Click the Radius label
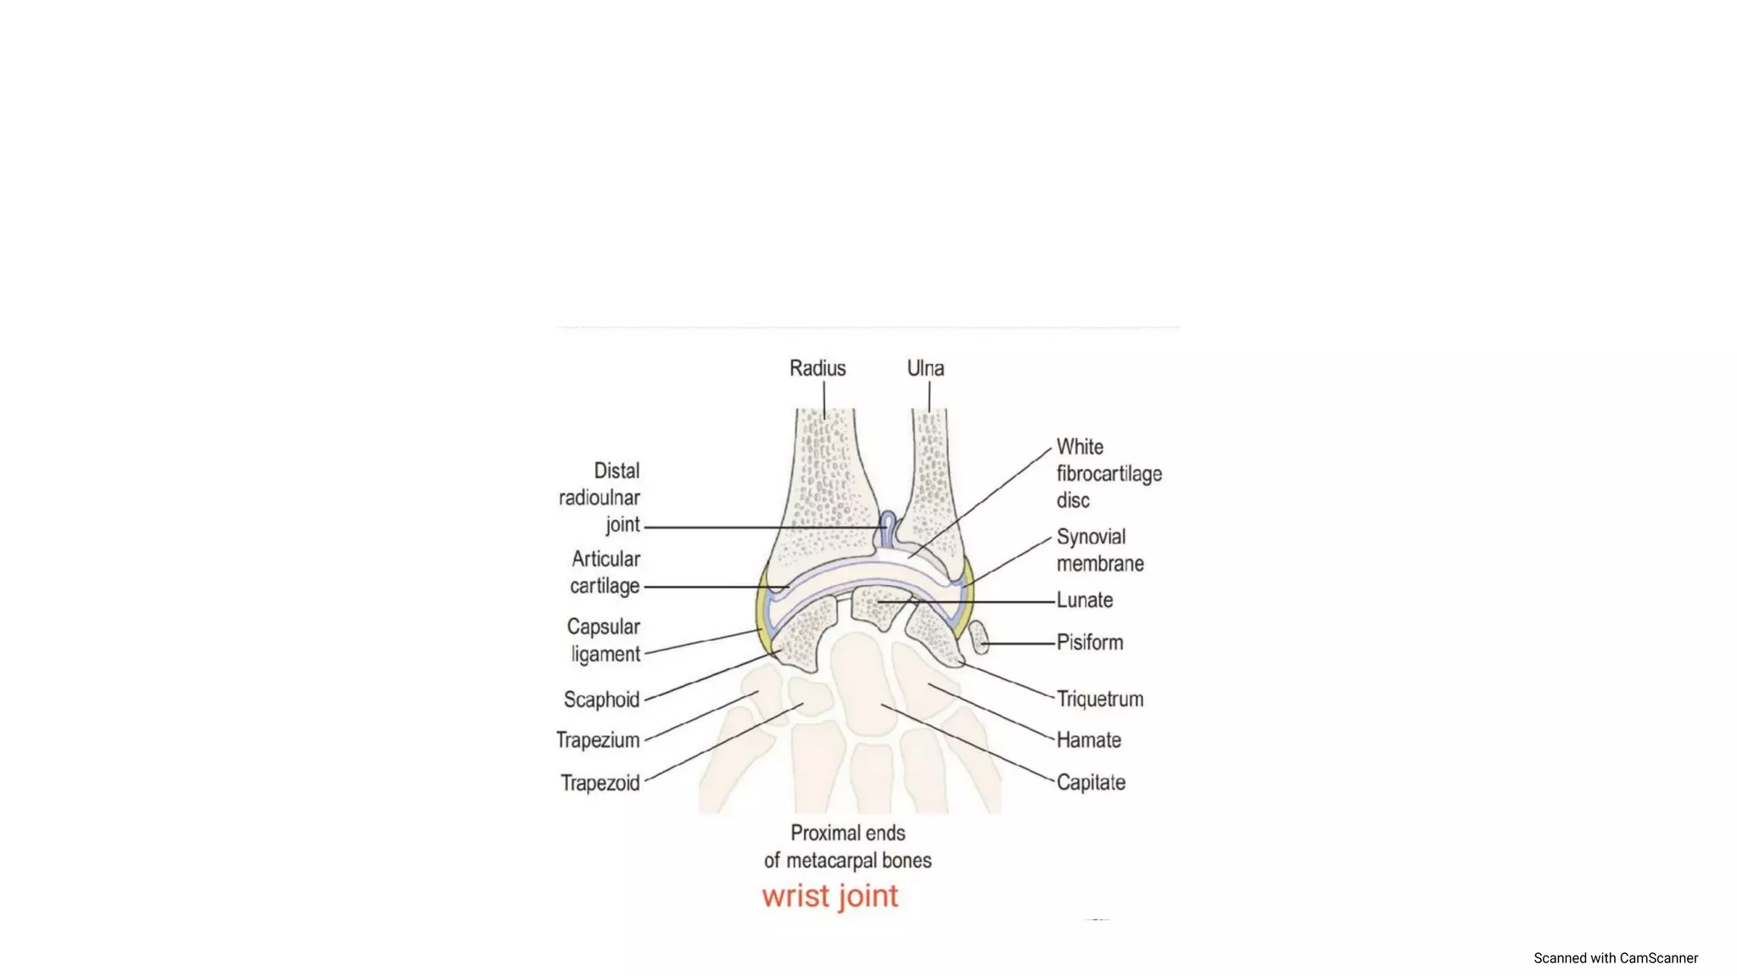click(817, 368)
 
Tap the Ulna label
click(925, 368)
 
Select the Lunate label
click(1085, 600)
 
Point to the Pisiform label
click(1090, 643)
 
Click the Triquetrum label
click(1100, 699)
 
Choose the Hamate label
click(1089, 740)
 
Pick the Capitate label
click(1091, 783)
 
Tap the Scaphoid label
click(601, 700)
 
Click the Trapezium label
click(598, 740)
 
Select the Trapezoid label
click(600, 783)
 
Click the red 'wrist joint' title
click(829, 896)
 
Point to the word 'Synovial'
click(1091, 537)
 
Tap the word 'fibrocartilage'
click(1109, 474)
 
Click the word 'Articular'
click(606, 559)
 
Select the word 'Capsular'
click(603, 627)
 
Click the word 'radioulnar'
click(599, 498)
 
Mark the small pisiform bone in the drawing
click(979, 637)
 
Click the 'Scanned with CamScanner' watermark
click(1615, 958)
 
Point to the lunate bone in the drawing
click(880, 606)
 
